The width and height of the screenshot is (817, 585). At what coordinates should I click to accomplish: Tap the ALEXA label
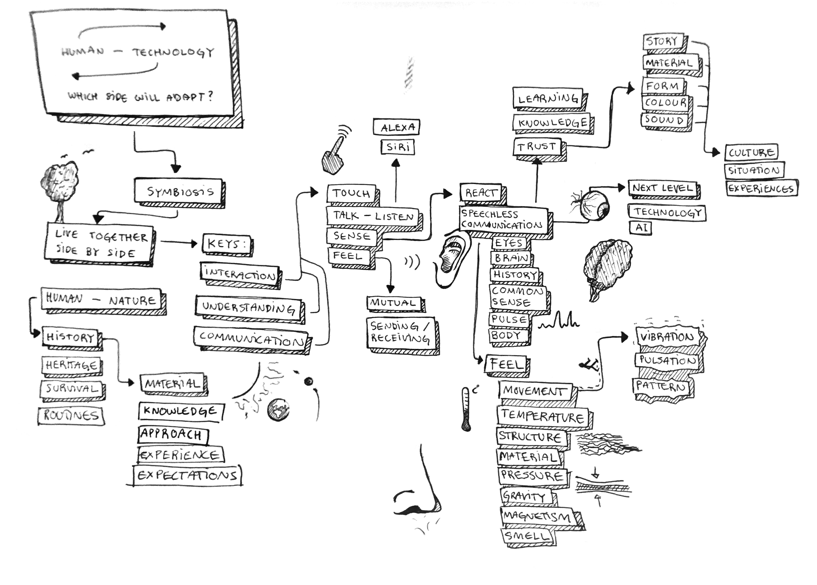click(397, 127)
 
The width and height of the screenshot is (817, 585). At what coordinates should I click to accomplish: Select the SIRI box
click(398, 147)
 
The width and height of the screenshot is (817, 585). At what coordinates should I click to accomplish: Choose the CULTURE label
click(751, 152)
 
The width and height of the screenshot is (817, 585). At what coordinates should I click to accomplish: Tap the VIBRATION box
click(667, 337)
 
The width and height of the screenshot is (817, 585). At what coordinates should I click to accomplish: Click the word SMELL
click(527, 536)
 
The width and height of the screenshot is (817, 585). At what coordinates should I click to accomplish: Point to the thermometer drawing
click(466, 409)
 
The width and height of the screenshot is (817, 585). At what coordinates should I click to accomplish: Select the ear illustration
click(452, 259)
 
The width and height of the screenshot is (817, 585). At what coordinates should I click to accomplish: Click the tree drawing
click(59, 187)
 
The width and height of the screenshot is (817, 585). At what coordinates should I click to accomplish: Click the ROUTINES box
click(71, 415)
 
